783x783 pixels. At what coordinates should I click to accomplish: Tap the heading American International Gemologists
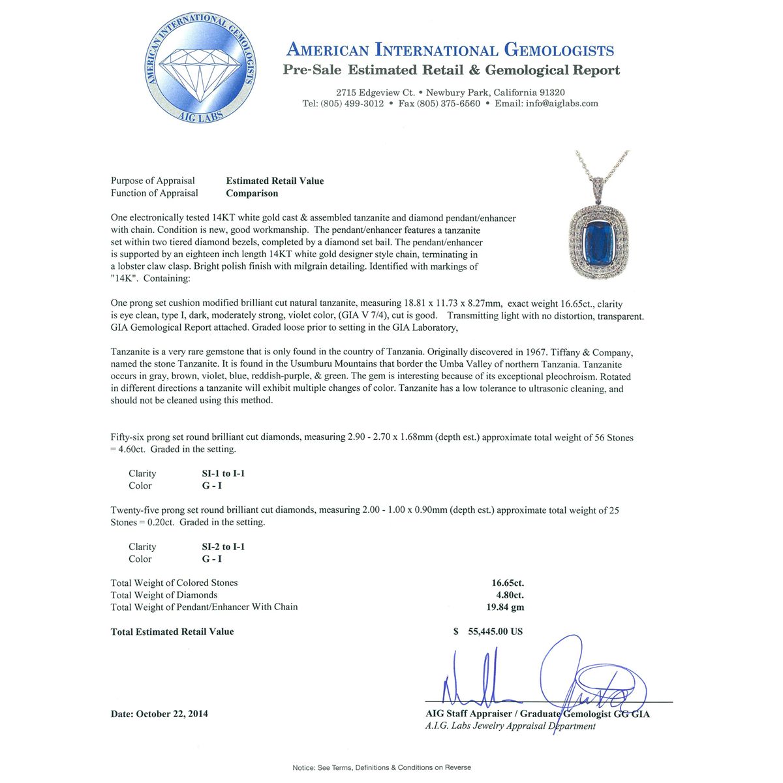(x=450, y=50)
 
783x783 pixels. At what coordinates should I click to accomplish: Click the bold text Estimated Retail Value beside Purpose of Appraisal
(x=275, y=181)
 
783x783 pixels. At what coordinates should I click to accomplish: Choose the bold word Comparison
(x=252, y=193)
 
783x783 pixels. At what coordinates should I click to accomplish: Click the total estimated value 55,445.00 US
(x=495, y=632)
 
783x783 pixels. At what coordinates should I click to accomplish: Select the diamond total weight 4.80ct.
(x=510, y=595)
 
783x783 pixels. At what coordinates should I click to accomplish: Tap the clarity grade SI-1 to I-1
(x=223, y=474)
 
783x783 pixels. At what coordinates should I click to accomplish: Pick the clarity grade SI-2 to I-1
(x=223, y=547)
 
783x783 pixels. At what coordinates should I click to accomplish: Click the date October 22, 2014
(x=172, y=714)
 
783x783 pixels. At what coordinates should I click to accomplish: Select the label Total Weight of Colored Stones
(x=174, y=583)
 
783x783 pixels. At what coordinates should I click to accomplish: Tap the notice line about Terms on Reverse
(x=382, y=767)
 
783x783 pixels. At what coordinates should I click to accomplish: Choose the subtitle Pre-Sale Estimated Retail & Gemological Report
(x=451, y=70)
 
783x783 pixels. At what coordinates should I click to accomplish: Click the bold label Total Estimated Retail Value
(x=172, y=632)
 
